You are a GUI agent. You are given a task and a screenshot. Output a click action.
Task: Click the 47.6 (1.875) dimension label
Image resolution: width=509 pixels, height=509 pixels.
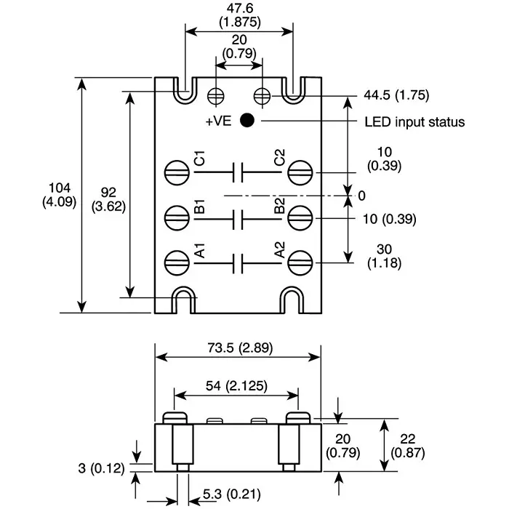pos(239,15)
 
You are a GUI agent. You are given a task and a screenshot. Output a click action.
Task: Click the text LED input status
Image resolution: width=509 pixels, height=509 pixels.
pos(414,121)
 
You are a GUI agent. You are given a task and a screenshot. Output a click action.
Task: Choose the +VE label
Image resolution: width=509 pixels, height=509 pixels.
pos(218,121)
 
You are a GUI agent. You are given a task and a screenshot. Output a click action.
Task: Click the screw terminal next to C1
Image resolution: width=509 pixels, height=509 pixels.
pos(176,172)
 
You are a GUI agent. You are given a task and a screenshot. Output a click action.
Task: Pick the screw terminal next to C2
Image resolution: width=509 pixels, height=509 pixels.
pos(299,172)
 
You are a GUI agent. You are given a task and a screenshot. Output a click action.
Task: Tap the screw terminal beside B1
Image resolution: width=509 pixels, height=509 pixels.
pos(176,216)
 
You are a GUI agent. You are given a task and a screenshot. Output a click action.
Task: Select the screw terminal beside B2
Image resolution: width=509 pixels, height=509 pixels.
pos(299,216)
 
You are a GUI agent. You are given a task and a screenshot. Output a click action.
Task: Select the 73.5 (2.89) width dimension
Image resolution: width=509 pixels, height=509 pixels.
pos(238,348)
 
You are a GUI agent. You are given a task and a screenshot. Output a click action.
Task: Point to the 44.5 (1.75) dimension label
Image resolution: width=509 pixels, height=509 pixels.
pos(396,95)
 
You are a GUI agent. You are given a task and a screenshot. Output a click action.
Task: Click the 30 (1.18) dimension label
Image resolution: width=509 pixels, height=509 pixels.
pos(385,255)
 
